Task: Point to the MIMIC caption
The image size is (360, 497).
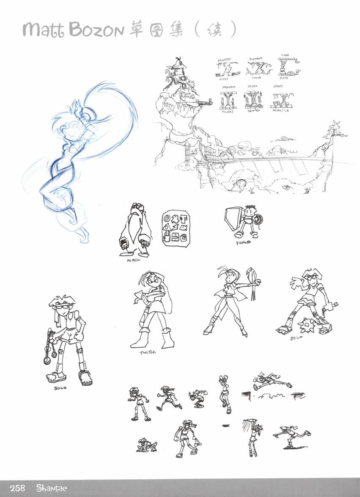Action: click(x=132, y=261)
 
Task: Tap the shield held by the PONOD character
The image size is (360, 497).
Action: click(x=233, y=219)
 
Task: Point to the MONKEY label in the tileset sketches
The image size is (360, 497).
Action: click(x=225, y=60)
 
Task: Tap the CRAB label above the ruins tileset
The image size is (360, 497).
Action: click(x=286, y=55)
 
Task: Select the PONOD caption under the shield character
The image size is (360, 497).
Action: click(x=243, y=243)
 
